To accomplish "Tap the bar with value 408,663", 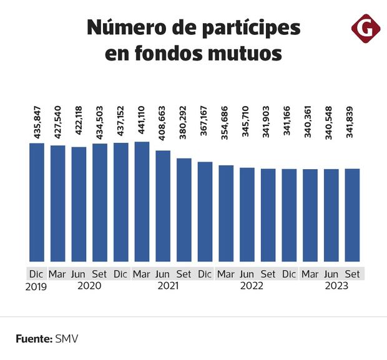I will pos(163,206).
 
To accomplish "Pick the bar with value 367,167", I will pos(205,212).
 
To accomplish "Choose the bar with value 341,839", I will pos(352,215).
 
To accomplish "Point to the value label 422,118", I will pos(79,123).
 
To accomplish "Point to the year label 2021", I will pos(167,286).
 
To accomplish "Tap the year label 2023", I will pos(336,286).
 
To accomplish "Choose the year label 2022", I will pos(252,286).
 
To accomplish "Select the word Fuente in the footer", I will pos(34,339).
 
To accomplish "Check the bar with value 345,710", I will pos(247,215).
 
